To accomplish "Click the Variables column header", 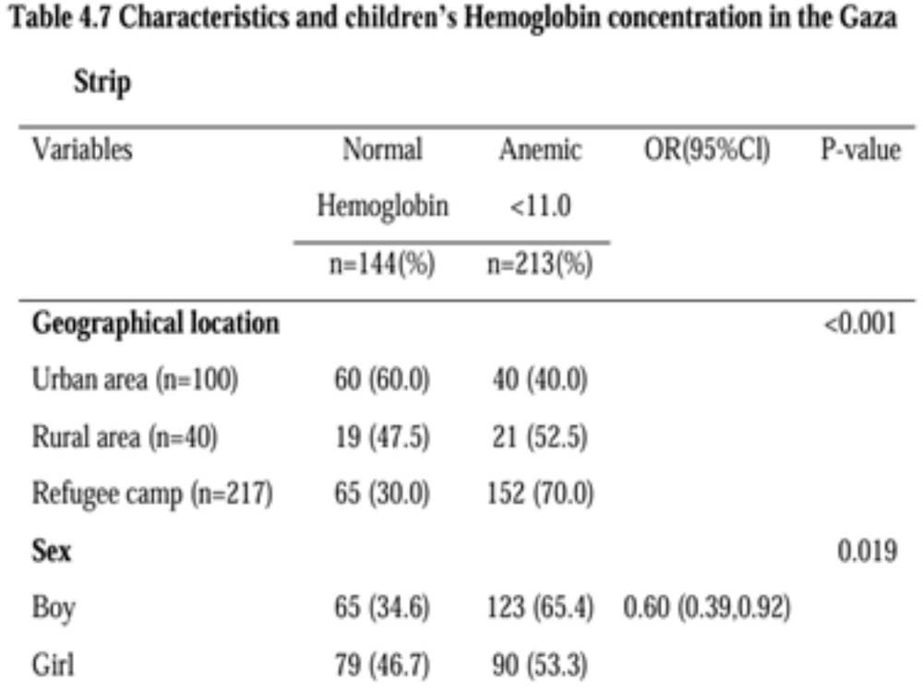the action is click(82, 149).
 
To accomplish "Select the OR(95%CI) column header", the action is click(707, 149).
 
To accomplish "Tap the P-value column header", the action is click(860, 149).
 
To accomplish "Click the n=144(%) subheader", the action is click(382, 263).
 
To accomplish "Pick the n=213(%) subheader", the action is click(540, 263).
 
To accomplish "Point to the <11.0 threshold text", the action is click(540, 207).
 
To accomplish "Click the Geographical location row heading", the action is click(155, 324).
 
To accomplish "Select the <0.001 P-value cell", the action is click(860, 324).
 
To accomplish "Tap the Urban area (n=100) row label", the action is click(135, 379).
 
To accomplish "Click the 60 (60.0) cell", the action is click(382, 379).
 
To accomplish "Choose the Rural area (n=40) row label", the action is click(125, 437).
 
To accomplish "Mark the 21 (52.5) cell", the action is click(540, 437).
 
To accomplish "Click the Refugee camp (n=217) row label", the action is click(152, 494).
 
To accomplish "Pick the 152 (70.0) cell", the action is click(540, 494).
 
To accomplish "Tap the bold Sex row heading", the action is click(51, 552).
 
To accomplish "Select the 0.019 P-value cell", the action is click(867, 552).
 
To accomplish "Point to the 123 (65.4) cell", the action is click(540, 607).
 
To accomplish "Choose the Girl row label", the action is click(53, 665).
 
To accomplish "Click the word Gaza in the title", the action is click(869, 18).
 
